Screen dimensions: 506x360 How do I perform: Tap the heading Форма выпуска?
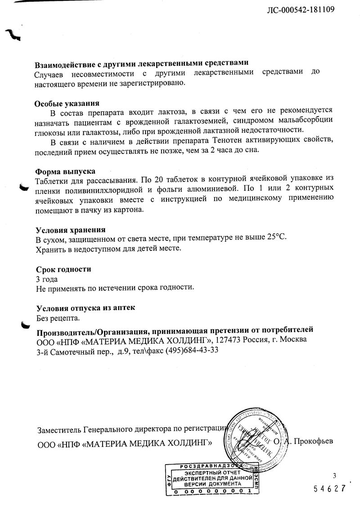[65, 171]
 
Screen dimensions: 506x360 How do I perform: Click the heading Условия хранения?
[71, 230]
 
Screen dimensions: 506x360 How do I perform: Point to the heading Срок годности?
[63, 269]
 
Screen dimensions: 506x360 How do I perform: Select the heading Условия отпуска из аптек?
[85, 308]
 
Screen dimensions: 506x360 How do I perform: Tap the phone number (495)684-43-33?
[185, 350]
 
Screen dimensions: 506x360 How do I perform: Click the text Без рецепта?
[58, 319]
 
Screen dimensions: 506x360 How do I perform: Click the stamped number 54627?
[329, 488]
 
